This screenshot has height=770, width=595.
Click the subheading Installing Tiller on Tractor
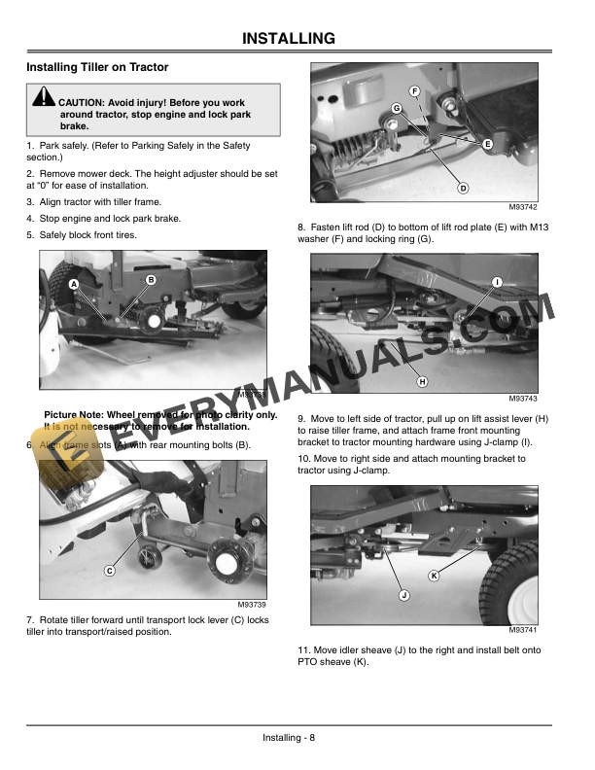pos(97,67)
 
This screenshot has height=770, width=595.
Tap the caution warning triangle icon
pos(44,98)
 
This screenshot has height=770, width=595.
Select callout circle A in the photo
pos(73,283)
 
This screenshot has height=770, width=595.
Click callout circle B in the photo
pos(151,280)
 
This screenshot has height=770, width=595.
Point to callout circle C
pos(110,571)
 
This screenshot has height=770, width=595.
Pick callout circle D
pos(463,188)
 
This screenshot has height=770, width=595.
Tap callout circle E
pos(486,145)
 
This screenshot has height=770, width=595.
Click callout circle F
pos(414,91)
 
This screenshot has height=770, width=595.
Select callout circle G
pos(397,107)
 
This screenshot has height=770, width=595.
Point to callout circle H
pos(422,381)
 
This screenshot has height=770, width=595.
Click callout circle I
pos(497,282)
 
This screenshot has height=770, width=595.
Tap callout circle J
pos(402,593)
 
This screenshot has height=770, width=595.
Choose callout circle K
pos(434,577)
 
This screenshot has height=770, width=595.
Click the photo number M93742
pos(522,207)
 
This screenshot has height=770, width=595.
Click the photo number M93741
pos(522,630)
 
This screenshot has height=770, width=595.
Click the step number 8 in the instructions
pos(301,227)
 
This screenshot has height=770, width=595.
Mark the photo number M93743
pos(522,399)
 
